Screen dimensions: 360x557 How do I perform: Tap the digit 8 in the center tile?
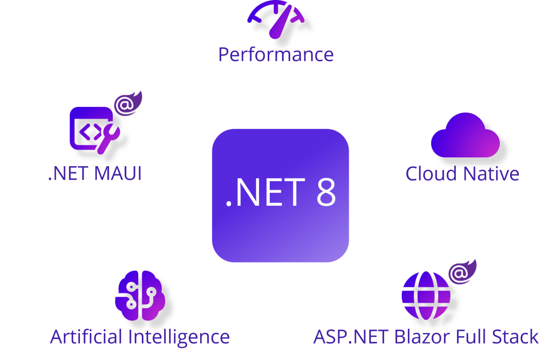pos(324,192)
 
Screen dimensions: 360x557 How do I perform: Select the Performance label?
pos(275,54)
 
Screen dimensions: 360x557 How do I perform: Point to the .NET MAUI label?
pos(94,173)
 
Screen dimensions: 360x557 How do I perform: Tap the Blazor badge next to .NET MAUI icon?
pos(128,104)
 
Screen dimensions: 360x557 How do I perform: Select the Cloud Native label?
pos(462,173)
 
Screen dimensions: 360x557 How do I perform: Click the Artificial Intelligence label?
pos(140,337)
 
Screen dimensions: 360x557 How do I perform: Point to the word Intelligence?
pos(178,337)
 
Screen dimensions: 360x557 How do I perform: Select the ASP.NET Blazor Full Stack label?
pos(425,337)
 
